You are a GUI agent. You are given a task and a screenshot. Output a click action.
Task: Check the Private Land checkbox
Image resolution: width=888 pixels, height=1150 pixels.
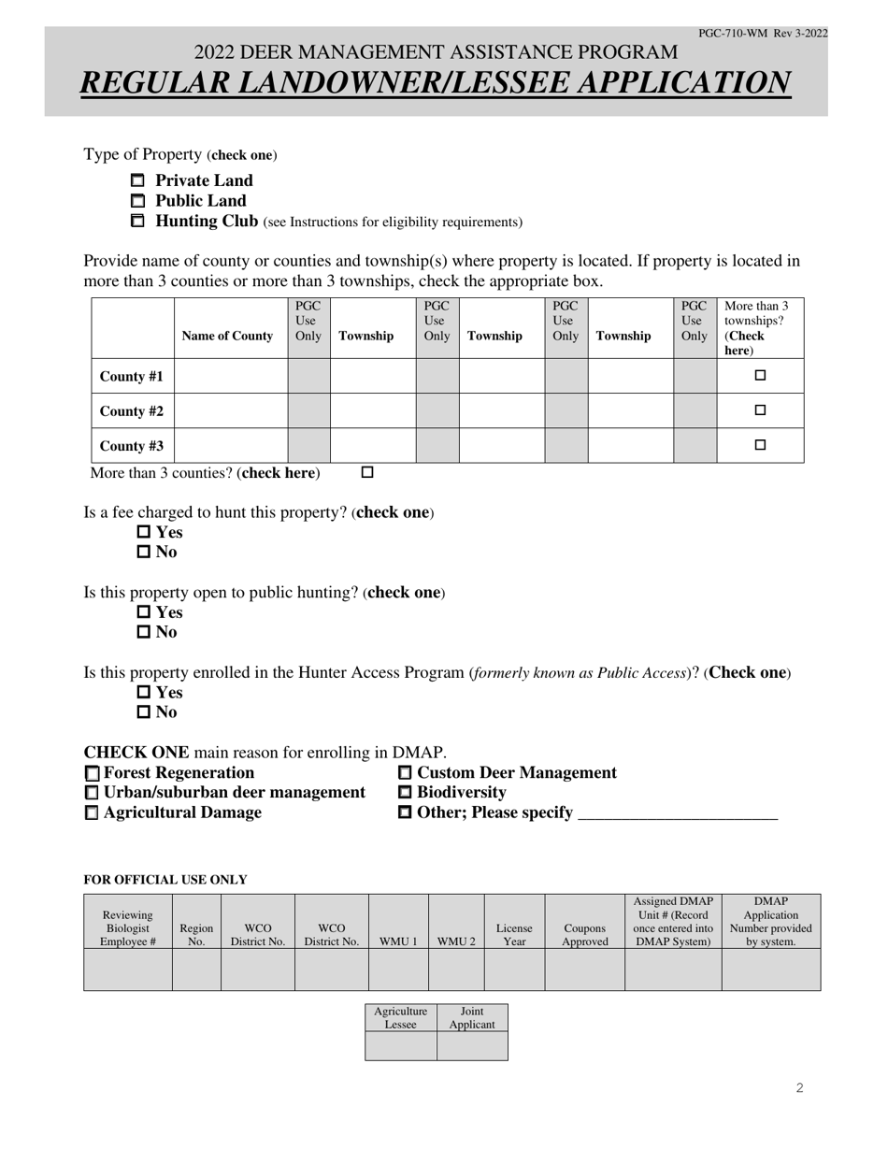[137, 180]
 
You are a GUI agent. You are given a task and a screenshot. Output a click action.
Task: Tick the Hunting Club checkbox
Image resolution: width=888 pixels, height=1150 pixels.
[137, 222]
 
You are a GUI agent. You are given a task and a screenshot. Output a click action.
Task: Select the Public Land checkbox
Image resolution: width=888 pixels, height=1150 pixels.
[137, 201]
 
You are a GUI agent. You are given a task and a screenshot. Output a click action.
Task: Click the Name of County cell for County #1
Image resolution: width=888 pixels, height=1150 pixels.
[231, 376]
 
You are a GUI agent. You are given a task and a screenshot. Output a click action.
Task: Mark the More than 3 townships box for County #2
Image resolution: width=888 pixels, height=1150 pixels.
[760, 410]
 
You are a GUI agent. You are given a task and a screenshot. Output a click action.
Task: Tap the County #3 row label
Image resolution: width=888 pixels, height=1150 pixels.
[132, 446]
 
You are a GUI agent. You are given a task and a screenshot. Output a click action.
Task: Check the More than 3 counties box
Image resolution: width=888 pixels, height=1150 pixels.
[367, 473]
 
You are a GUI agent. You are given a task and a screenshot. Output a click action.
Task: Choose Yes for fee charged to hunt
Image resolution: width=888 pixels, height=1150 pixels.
[144, 532]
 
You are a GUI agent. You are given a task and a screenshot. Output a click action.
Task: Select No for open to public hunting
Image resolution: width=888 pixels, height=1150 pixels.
[144, 632]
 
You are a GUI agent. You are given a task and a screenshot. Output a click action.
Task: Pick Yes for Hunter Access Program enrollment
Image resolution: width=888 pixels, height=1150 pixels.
[144, 693]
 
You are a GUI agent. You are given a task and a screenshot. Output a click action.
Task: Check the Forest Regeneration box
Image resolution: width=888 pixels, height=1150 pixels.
[92, 773]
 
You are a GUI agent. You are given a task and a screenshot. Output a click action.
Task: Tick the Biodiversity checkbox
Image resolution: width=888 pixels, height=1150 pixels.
[406, 793]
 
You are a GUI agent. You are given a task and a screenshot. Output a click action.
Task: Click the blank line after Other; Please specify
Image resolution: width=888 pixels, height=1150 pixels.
[678, 813]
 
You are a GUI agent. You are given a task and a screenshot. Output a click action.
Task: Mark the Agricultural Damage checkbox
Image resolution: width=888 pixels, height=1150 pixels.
[92, 813]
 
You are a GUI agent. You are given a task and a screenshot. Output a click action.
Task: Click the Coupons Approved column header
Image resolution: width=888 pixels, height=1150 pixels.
[584, 935]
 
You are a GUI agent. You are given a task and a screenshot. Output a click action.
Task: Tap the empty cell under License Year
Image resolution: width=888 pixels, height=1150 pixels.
[514, 970]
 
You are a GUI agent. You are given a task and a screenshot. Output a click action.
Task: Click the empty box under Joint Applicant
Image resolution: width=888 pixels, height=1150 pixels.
[472, 1046]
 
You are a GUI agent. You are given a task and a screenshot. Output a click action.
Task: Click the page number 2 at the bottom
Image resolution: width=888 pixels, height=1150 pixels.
[800, 1087]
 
